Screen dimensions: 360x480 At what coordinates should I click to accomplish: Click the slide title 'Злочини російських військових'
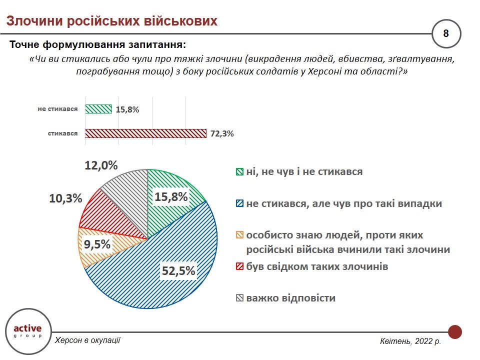(111, 20)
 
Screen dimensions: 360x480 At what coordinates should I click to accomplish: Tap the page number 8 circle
(446, 33)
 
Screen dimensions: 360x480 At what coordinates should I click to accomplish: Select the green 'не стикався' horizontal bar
(98, 109)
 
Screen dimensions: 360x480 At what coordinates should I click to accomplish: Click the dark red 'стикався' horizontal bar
(145, 133)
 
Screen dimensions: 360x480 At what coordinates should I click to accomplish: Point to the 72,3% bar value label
(221, 134)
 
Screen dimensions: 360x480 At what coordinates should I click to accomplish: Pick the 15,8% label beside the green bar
(127, 109)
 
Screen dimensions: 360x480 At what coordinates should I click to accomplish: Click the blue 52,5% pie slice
(165, 260)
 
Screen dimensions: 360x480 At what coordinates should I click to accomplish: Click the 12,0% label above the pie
(101, 165)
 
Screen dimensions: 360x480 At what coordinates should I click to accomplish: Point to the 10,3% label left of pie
(65, 198)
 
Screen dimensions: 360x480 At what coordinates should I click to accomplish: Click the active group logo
(28, 331)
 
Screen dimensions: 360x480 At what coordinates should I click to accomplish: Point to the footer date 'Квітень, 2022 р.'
(410, 341)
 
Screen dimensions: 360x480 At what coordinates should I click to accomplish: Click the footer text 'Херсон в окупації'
(87, 340)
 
